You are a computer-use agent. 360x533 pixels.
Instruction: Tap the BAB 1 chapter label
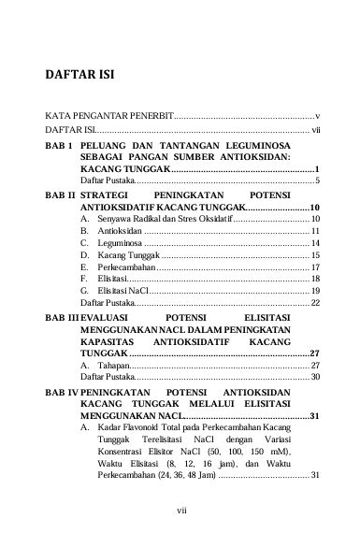[58, 148]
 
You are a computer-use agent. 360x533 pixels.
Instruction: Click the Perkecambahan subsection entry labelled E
[126, 266]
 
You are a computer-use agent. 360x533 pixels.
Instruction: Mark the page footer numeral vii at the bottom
[180, 511]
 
